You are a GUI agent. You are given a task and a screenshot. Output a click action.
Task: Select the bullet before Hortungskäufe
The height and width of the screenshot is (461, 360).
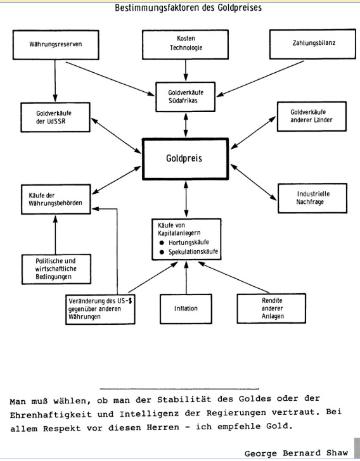click(162, 243)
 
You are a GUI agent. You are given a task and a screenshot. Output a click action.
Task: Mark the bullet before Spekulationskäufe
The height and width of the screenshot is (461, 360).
click(162, 252)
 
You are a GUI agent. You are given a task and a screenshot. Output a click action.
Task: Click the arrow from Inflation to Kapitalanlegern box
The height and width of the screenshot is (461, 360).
click(186, 277)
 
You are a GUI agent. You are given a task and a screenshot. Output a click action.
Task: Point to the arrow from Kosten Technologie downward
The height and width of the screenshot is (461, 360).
click(186, 70)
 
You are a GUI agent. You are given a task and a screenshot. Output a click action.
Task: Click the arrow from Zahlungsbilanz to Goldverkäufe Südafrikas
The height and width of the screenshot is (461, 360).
click(260, 79)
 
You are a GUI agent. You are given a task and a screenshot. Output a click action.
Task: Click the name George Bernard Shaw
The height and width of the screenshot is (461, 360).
click(296, 453)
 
